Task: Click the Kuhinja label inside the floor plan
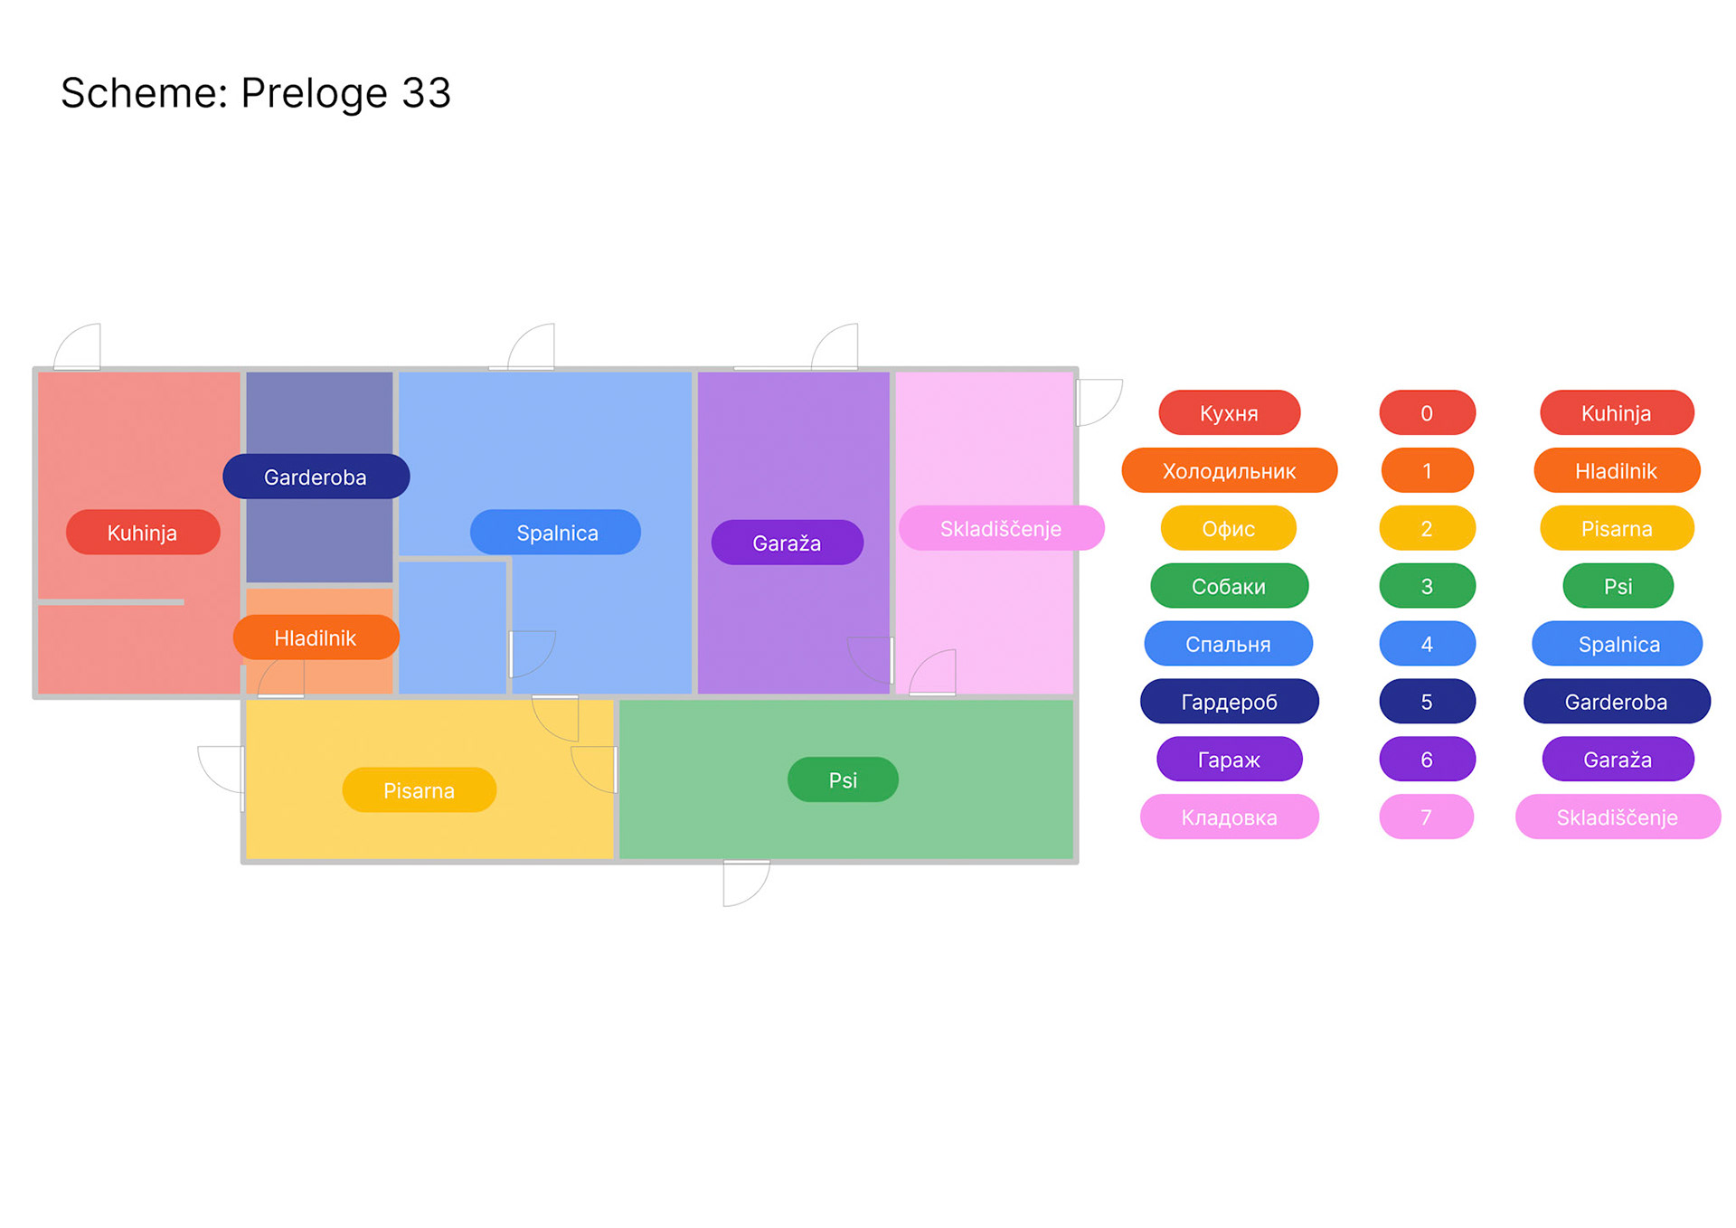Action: click(143, 533)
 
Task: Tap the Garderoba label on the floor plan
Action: click(316, 477)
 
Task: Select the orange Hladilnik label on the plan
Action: click(316, 638)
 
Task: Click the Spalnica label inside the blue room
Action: click(556, 533)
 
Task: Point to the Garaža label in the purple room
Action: click(787, 543)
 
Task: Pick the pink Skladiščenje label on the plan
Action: click(1001, 528)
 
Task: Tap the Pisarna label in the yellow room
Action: click(419, 790)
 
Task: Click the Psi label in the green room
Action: click(843, 779)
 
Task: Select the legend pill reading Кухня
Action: click(1229, 413)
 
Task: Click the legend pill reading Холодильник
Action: click(1229, 471)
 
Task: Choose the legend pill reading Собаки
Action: click(1229, 586)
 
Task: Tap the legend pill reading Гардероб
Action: click(1229, 702)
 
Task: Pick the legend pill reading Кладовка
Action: click(1229, 817)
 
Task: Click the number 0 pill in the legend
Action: click(1427, 413)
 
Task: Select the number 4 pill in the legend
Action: click(1427, 644)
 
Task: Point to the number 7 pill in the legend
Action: click(1427, 817)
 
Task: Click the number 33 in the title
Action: click(426, 93)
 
